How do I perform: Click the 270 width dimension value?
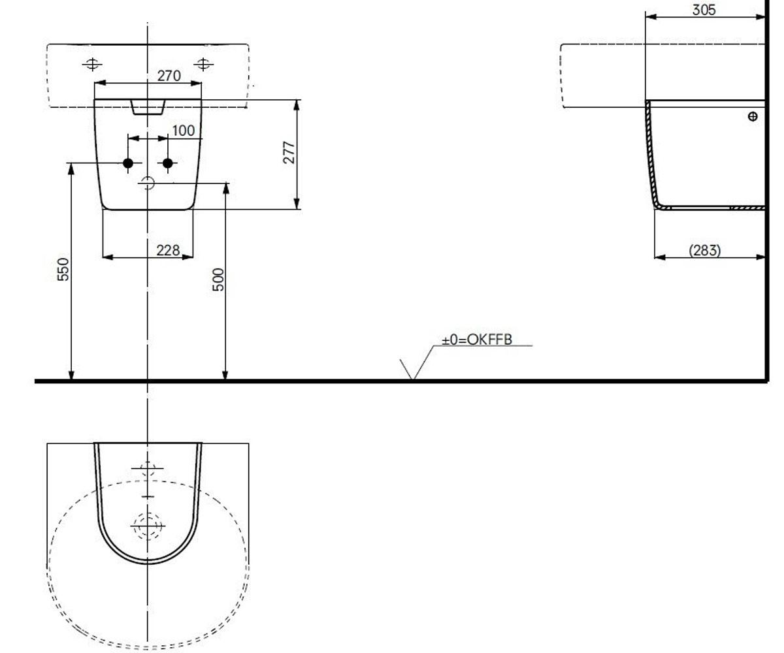click(169, 76)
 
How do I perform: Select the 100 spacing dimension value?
click(183, 131)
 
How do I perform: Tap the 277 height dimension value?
click(289, 152)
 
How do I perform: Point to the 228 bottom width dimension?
click(168, 250)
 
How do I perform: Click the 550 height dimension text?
click(63, 270)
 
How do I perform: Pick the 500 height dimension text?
click(218, 279)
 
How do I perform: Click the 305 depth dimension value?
click(704, 10)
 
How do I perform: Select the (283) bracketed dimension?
click(705, 250)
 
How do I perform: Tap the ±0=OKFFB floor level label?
click(477, 340)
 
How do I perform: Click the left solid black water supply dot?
click(128, 163)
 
